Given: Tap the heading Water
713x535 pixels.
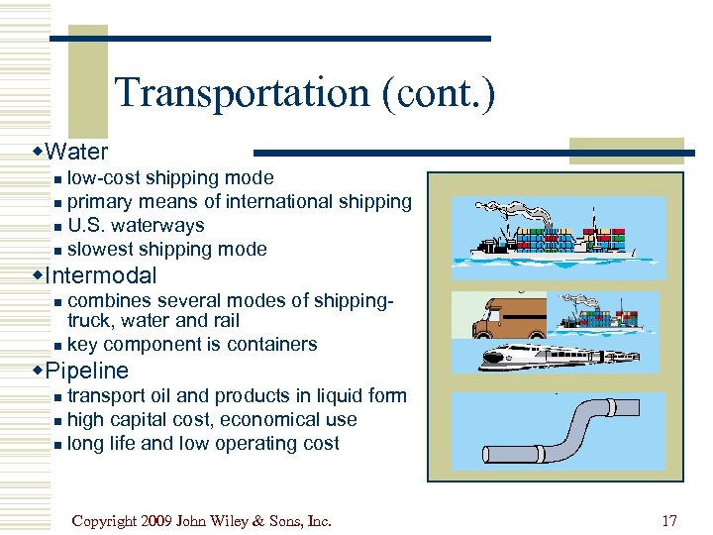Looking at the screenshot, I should click(x=76, y=152).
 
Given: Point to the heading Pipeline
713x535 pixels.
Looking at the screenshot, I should click(x=87, y=371).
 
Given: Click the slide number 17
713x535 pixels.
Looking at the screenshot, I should click(x=670, y=520).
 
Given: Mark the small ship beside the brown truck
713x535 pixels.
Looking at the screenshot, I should click(x=605, y=312).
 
